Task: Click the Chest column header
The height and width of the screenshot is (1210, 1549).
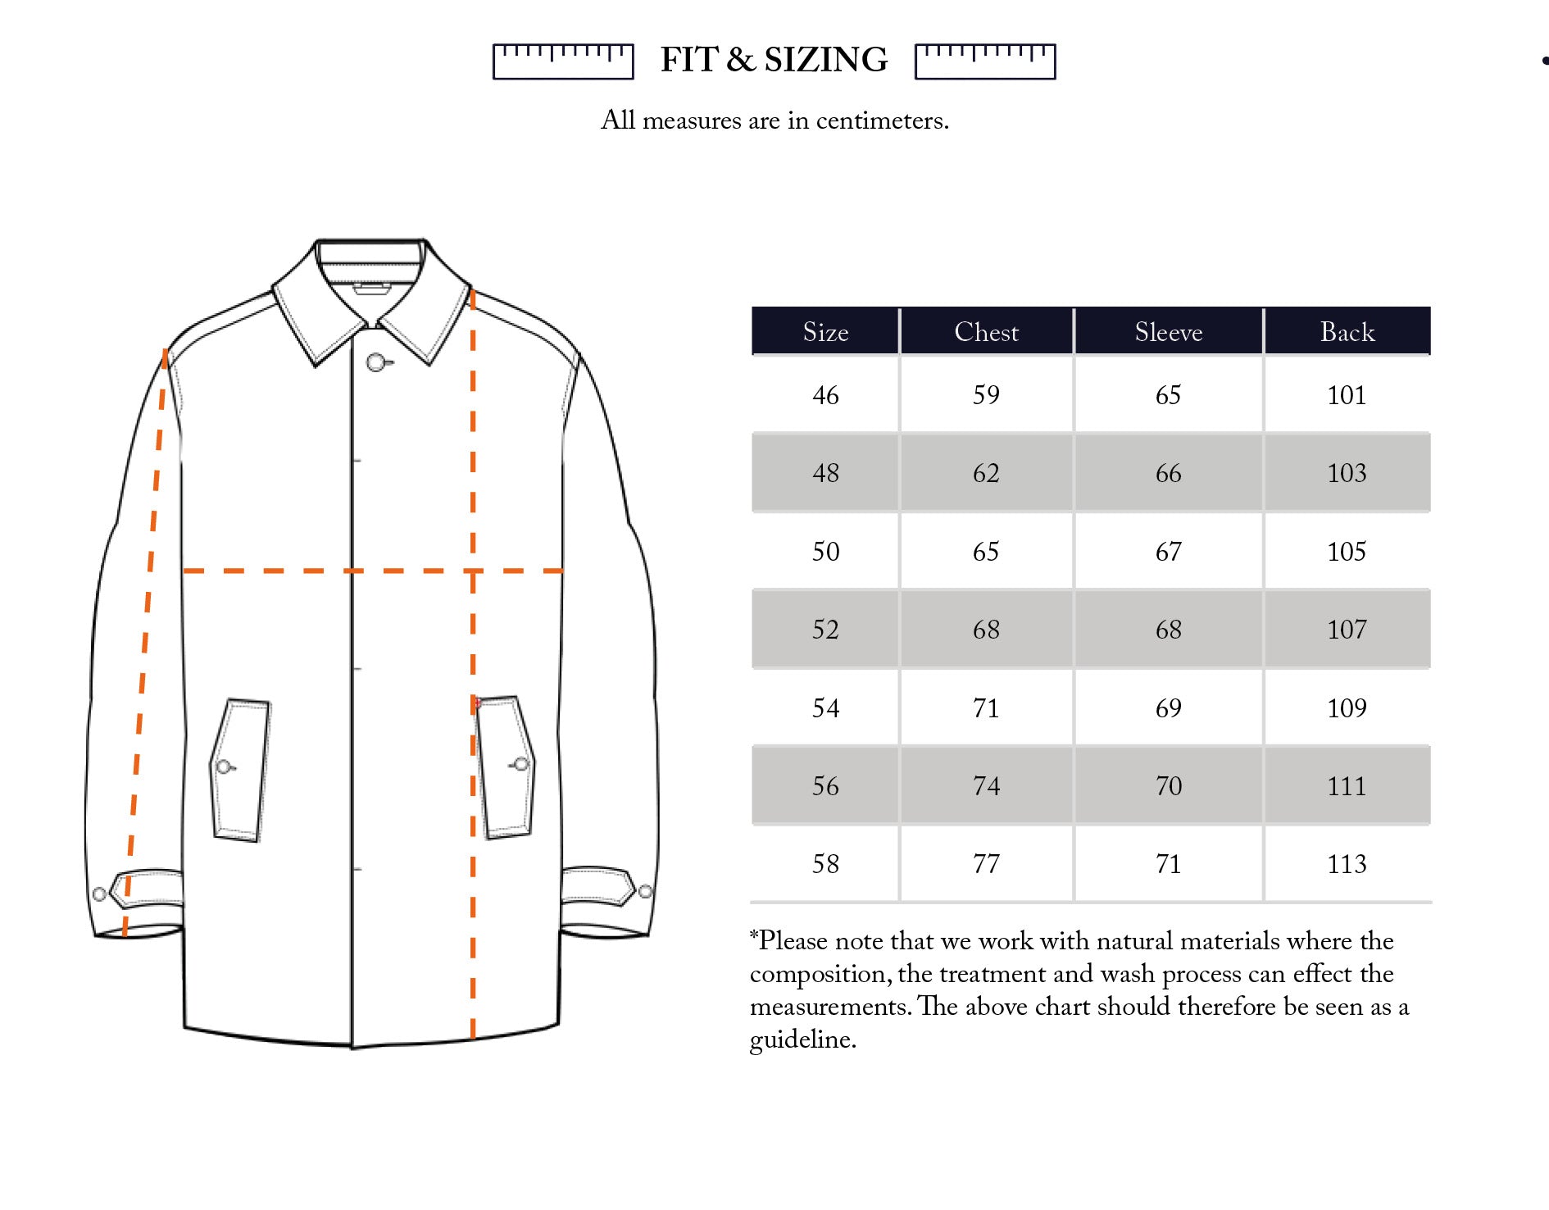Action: pyautogui.click(x=986, y=332)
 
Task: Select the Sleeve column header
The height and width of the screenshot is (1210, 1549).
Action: pyautogui.click(x=1168, y=332)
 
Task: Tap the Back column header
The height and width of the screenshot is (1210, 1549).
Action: pyautogui.click(x=1347, y=332)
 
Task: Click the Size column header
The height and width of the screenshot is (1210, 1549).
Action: pyautogui.click(x=825, y=332)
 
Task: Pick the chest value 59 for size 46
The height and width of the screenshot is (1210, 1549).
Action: pyautogui.click(x=986, y=395)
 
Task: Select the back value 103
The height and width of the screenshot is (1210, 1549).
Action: pyautogui.click(x=1347, y=473)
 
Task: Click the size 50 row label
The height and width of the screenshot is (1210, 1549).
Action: pyautogui.click(x=825, y=552)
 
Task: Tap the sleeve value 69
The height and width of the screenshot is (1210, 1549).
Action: pyautogui.click(x=1168, y=708)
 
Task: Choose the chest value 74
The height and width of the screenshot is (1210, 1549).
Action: pyautogui.click(x=986, y=786)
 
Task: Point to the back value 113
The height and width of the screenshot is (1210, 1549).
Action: pyautogui.click(x=1347, y=864)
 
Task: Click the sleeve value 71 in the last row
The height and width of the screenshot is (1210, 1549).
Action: pyautogui.click(x=1168, y=864)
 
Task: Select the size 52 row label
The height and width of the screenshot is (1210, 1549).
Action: pyautogui.click(x=825, y=630)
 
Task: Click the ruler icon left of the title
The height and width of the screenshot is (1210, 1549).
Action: pyautogui.click(x=563, y=61)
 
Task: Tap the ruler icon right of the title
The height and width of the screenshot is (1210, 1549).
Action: pyautogui.click(x=985, y=61)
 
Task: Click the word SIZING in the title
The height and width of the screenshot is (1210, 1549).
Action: pyautogui.click(x=825, y=60)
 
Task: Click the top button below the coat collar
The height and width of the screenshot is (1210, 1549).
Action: pyautogui.click(x=375, y=362)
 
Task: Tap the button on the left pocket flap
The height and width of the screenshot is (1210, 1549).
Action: pyautogui.click(x=223, y=767)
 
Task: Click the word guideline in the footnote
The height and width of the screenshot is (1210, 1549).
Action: pyautogui.click(x=802, y=1040)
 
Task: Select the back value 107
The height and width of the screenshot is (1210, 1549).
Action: pyautogui.click(x=1347, y=630)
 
